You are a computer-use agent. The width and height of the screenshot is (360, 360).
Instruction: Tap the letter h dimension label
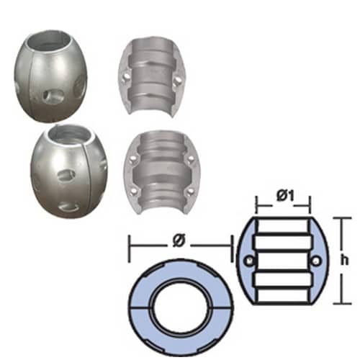tap(344, 260)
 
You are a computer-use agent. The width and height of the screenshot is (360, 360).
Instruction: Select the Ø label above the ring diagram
tap(179, 241)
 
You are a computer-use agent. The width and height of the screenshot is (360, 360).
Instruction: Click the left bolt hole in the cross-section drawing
tap(250, 261)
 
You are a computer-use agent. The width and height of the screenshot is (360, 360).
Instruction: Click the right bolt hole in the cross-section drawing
tap(316, 261)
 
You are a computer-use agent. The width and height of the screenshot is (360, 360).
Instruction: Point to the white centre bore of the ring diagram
tap(180, 307)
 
